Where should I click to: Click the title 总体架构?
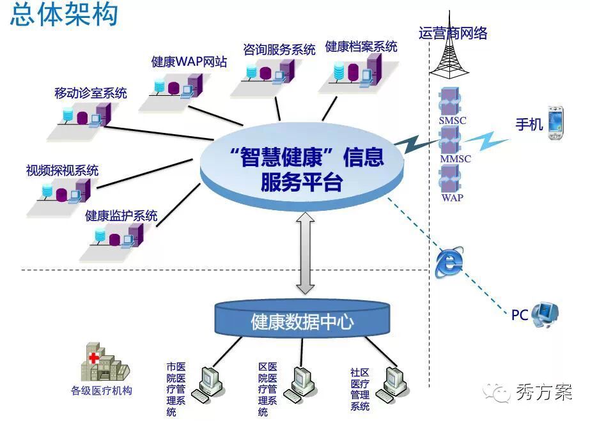pyautogui.click(x=64, y=14)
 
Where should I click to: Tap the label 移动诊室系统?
pyautogui.click(x=91, y=93)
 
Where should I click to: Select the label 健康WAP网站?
pyautogui.click(x=189, y=62)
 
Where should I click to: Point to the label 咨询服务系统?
pyautogui.click(x=279, y=49)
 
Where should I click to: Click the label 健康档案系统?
pyautogui.click(x=361, y=47)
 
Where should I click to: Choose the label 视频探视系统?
pyautogui.click(x=62, y=171)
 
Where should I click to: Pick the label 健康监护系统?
pyautogui.click(x=121, y=216)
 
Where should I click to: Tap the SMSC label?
pyautogui.click(x=453, y=120)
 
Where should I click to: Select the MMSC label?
pyautogui.click(x=455, y=158)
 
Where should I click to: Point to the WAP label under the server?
pyautogui.click(x=453, y=197)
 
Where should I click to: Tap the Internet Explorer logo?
pyautogui.click(x=449, y=262)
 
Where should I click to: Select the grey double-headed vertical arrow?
pyautogui.click(x=305, y=253)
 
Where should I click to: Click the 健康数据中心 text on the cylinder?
pyautogui.click(x=302, y=321)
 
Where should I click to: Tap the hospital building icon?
pyautogui.click(x=102, y=362)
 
